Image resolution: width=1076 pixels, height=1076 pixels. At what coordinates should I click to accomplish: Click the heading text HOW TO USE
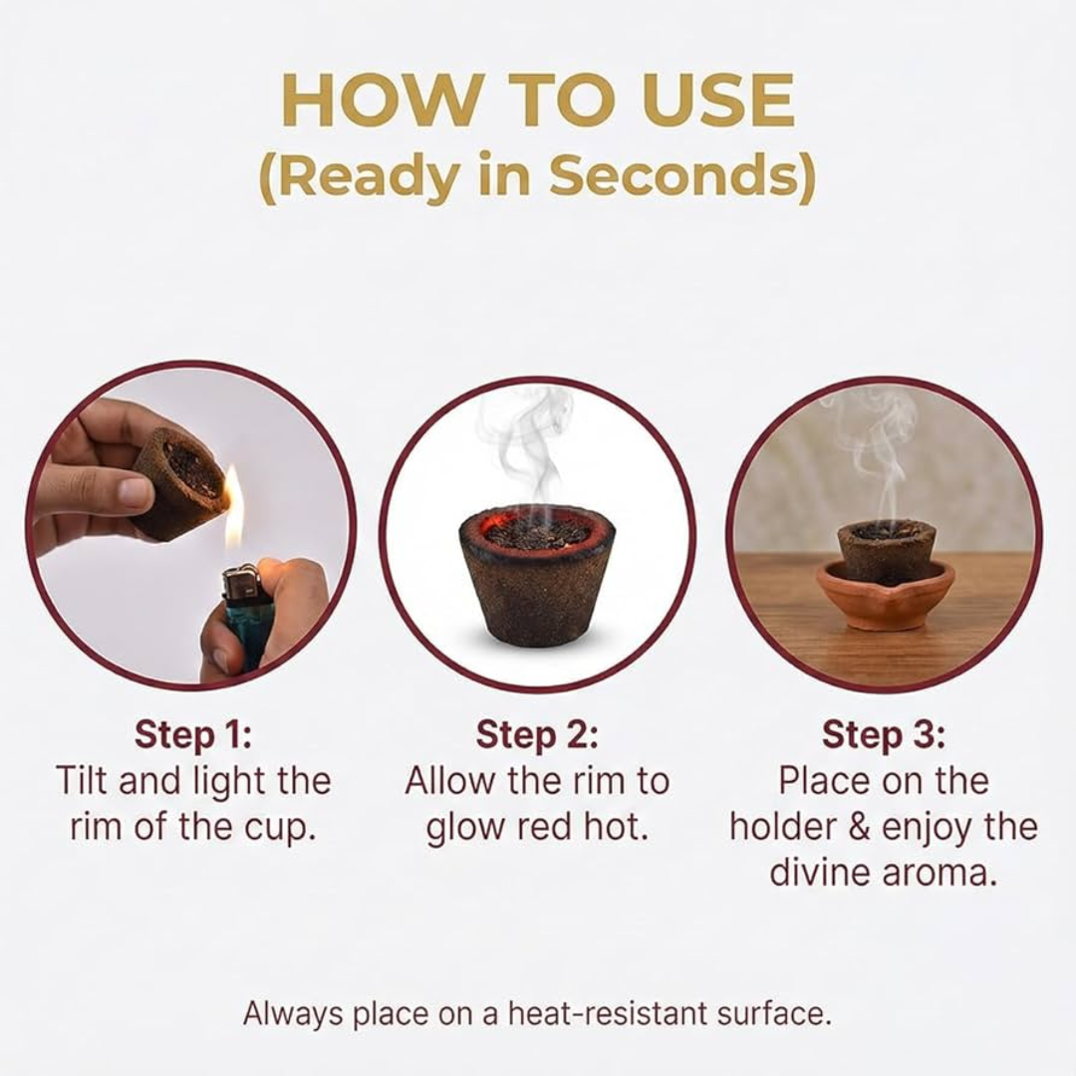pyautogui.click(x=538, y=98)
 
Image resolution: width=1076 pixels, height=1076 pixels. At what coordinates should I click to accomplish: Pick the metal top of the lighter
pyautogui.click(x=241, y=580)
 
